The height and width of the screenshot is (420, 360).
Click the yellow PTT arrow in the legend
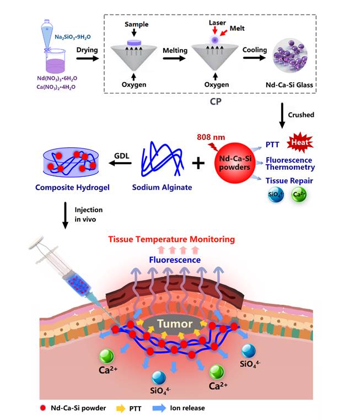point(123,408)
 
